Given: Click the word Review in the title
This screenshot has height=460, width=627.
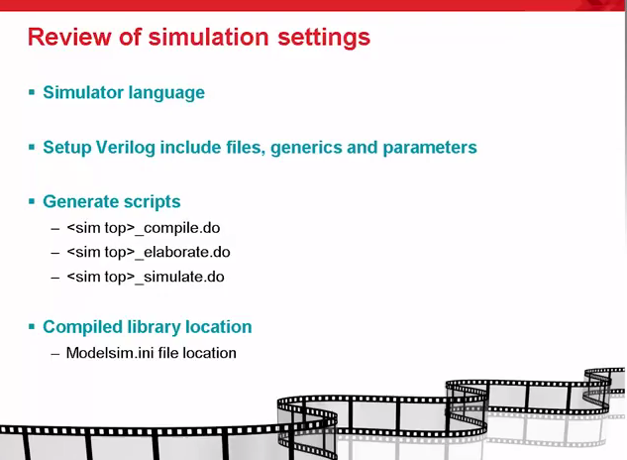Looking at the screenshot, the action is point(69,37).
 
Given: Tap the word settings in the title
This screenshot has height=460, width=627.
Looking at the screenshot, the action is point(324,38).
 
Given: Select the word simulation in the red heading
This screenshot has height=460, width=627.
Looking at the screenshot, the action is point(208,37).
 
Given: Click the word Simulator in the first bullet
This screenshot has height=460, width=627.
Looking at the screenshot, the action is point(83,92).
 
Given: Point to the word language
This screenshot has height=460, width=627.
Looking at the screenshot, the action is point(166,93).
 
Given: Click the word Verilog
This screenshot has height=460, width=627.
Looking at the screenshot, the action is point(126,148).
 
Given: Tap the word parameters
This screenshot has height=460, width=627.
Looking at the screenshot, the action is point(430,148).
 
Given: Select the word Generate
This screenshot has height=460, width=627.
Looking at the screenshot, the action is point(81,201).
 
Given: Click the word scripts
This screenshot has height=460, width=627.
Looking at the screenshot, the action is point(153,202).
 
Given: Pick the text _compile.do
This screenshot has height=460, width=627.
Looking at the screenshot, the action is point(177,228).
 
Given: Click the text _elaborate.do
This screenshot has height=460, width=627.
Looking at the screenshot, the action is point(182,253).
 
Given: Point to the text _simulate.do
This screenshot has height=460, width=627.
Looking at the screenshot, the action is point(179,277).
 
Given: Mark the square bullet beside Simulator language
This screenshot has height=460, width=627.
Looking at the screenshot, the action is point(32,93).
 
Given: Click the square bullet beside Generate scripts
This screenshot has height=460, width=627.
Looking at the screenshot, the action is point(32,201).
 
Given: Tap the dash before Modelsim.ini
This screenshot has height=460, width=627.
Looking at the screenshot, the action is point(55,354).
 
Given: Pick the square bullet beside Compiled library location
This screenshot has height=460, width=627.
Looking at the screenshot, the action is point(32,327).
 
